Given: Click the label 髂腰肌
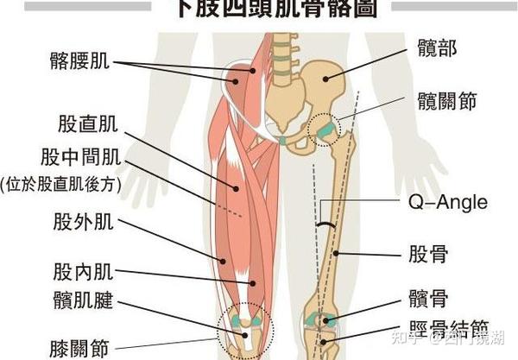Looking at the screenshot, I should pyautogui.click(x=79, y=61).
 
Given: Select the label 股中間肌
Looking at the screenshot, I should pyautogui.click(x=79, y=158).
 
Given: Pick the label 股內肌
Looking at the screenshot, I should pyautogui.click(x=80, y=271).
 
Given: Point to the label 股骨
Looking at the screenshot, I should pyautogui.click(x=426, y=255).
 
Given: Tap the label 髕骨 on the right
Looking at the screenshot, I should pyautogui.click(x=426, y=300).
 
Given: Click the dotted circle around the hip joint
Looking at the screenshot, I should pyautogui.click(x=325, y=129).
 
